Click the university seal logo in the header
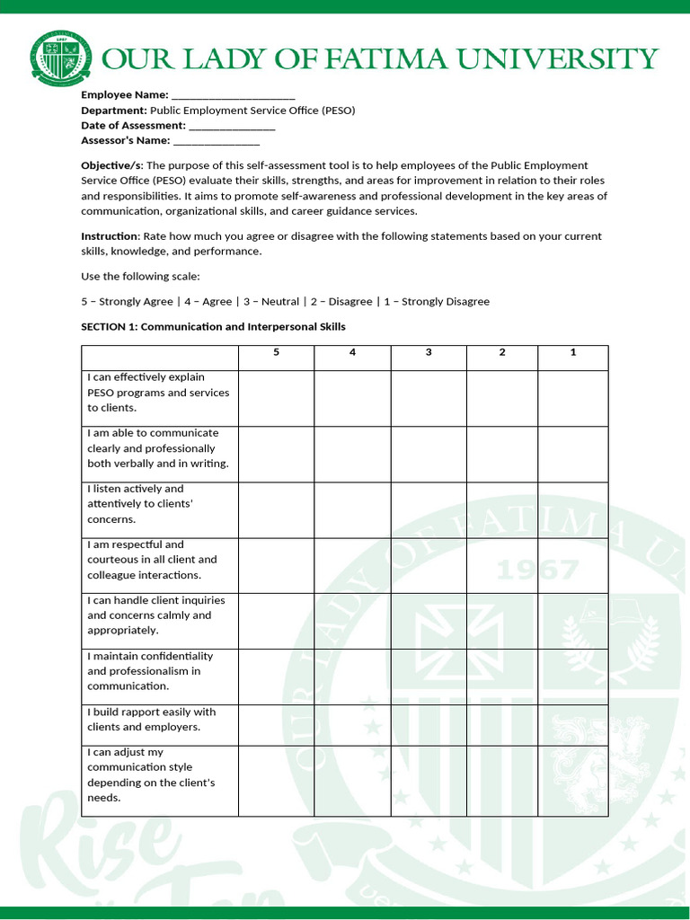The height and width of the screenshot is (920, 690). pos(61,58)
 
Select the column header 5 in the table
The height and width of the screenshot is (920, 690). pos(276,352)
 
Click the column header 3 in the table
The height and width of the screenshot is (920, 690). pos(429,352)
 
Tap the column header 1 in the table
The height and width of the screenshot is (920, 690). pos(573,352)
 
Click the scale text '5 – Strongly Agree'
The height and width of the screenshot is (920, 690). pos(127,302)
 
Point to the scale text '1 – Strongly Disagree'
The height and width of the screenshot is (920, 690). pos(437,302)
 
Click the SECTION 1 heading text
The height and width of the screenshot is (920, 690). pos(213,327)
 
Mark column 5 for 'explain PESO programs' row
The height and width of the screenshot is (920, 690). pos(276,398)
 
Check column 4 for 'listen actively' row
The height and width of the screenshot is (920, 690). pos(352,509)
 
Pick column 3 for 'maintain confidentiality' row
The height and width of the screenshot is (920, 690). pos(429,677)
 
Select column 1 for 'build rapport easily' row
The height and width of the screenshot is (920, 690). pos(573,724)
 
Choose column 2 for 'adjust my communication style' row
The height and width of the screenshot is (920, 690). pos(502,780)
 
